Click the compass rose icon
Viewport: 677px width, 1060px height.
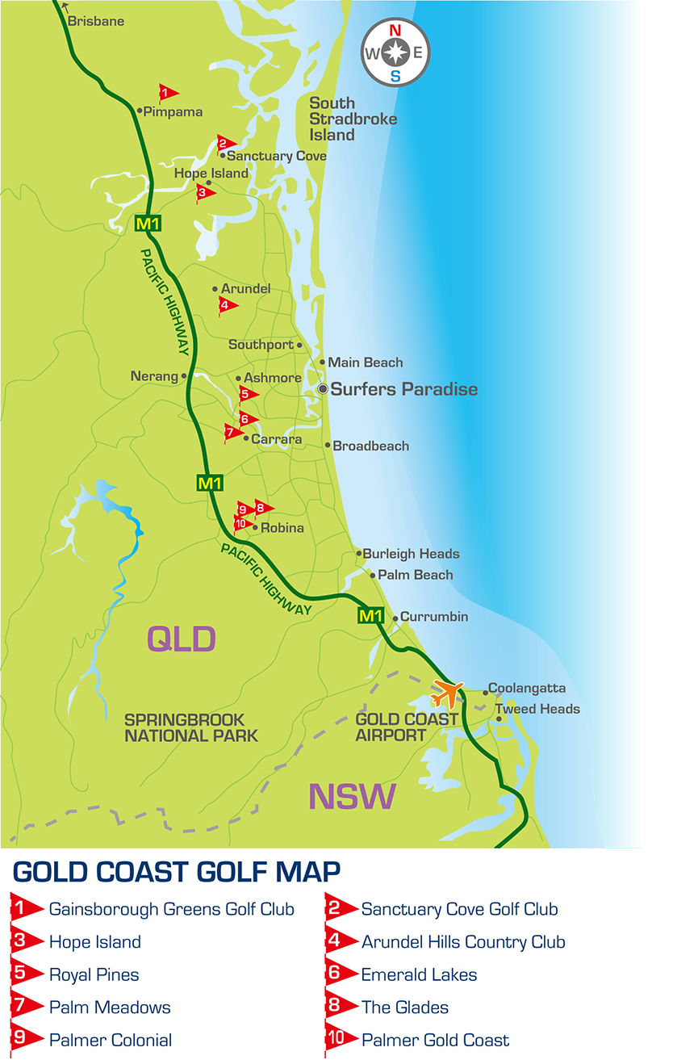[x=395, y=53]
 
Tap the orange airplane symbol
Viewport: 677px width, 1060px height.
[x=447, y=693]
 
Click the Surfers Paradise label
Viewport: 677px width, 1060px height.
[x=403, y=389]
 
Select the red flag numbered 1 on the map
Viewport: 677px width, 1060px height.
[x=167, y=93]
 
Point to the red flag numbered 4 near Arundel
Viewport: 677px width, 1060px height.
[x=228, y=305]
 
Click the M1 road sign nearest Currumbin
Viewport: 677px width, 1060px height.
[x=370, y=617]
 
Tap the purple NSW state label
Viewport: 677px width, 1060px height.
[x=353, y=797]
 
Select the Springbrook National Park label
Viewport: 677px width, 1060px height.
[x=191, y=727]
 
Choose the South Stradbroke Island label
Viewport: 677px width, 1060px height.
[x=353, y=119]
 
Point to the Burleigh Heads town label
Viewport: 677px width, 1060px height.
[x=411, y=554]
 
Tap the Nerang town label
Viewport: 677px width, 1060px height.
[x=154, y=376]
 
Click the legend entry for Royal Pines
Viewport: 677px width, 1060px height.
[x=94, y=974]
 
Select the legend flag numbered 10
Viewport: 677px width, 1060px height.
[x=339, y=1039]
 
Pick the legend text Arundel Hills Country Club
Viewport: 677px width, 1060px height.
[x=463, y=942]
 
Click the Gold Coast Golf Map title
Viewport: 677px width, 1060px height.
[x=177, y=873]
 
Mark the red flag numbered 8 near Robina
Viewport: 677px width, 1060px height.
[x=262, y=507]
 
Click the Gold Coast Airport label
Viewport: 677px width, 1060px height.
[x=407, y=727]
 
